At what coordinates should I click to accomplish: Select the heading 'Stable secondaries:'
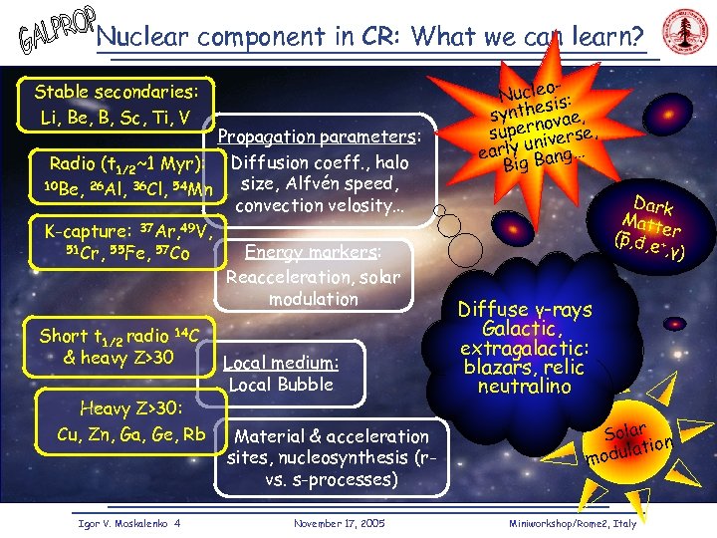click(117, 93)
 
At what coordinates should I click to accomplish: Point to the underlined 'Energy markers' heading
click(313, 253)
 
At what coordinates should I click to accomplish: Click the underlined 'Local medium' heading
click(282, 363)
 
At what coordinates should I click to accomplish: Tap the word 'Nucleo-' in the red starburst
click(527, 89)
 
